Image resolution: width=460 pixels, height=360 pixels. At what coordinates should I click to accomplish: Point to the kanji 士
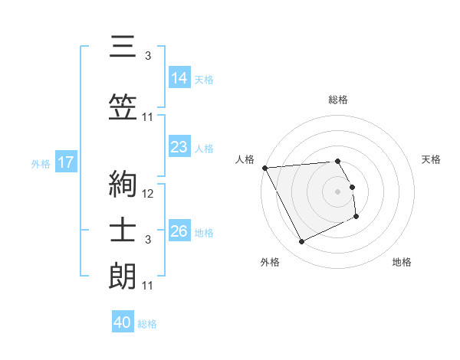click(x=122, y=234)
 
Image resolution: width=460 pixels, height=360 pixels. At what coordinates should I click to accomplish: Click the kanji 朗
click(x=122, y=276)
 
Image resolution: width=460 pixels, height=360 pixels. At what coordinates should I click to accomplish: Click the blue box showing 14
click(x=179, y=77)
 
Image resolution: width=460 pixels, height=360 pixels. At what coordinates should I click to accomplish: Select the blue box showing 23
click(x=179, y=147)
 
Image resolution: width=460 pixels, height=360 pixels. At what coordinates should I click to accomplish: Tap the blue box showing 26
click(x=179, y=231)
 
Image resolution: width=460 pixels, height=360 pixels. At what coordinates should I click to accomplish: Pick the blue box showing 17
click(x=65, y=162)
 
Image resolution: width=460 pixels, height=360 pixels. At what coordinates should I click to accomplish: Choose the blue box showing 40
click(x=123, y=322)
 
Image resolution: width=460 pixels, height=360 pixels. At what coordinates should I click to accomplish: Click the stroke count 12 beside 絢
click(x=148, y=194)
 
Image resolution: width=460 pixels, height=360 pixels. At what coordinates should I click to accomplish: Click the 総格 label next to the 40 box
click(x=147, y=324)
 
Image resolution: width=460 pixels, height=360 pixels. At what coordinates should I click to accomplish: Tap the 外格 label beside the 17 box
click(x=41, y=163)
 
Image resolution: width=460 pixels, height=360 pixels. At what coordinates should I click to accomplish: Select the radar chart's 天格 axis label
click(x=432, y=159)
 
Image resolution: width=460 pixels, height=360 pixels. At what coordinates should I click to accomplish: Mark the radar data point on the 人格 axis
click(x=264, y=168)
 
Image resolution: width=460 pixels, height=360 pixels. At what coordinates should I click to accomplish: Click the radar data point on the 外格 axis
click(x=301, y=242)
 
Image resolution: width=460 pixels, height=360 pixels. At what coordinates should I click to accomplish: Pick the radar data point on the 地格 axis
click(x=356, y=217)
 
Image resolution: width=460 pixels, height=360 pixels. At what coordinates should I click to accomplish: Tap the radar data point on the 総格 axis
click(x=337, y=161)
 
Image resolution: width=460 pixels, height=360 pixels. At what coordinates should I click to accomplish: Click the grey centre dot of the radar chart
click(x=337, y=191)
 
